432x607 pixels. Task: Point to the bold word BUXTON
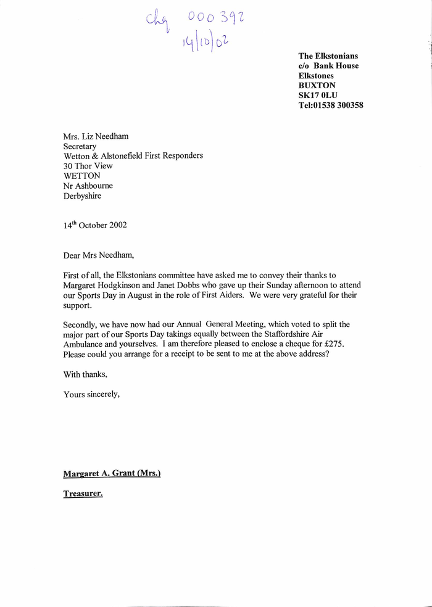tap(317, 85)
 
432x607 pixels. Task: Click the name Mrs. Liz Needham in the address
tap(96, 136)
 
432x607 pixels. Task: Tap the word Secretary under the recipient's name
tap(80, 146)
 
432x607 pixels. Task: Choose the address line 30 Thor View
tap(88, 166)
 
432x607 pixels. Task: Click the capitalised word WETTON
tap(81, 176)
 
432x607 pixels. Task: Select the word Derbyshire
tap(82, 196)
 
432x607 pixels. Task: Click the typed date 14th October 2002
tap(95, 225)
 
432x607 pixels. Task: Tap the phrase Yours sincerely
tap(91, 394)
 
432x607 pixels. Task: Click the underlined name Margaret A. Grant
tap(102, 474)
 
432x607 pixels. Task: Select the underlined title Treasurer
tap(83, 493)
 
